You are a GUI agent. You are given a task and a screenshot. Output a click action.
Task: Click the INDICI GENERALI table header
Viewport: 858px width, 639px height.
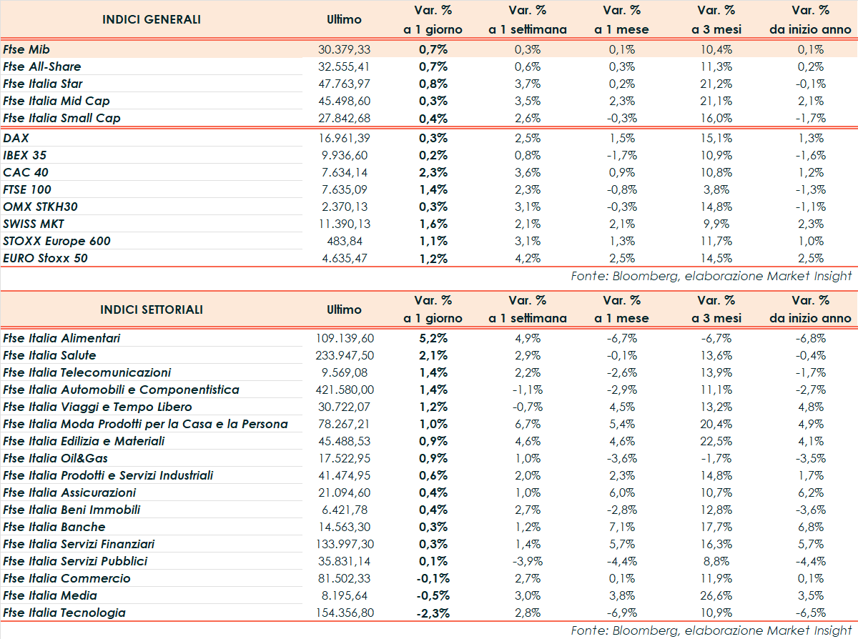152,19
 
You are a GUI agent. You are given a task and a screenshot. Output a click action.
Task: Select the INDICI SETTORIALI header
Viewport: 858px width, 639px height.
152,309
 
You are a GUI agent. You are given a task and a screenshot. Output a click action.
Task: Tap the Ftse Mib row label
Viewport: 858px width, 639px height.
26,49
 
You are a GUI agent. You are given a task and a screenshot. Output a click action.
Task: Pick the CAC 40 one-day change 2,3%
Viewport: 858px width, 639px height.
433,172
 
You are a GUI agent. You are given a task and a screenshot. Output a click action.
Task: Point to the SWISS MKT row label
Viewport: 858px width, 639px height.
34,224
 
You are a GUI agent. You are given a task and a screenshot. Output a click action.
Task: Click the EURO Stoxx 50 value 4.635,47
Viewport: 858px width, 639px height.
344,258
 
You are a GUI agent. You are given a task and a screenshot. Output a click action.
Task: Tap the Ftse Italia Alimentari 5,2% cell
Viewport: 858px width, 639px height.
433,338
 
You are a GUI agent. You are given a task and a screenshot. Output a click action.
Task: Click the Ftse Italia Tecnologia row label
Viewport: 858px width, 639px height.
64,613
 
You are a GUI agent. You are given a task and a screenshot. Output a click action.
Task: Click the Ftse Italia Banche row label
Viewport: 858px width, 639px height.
54,527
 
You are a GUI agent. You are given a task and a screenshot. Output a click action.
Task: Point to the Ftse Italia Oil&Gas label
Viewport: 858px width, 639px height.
56,458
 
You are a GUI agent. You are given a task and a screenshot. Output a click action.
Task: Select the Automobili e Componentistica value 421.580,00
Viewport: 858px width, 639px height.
344,390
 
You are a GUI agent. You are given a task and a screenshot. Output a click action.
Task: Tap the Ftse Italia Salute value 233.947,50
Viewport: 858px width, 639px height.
344,355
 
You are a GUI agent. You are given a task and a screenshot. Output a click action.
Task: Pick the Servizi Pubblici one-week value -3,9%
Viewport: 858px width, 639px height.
527,561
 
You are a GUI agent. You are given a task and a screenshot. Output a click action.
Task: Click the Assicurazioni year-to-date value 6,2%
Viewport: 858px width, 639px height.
811,492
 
